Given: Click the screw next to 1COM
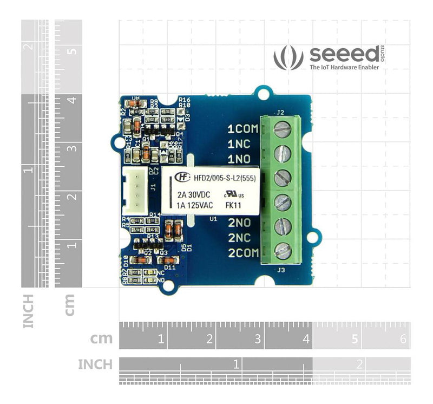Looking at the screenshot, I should [281, 129].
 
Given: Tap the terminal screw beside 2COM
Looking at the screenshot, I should [281, 251].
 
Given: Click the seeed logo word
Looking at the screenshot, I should [344, 55].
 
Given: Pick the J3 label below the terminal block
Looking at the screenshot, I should [280, 269].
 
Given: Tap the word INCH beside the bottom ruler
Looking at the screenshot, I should [95, 364].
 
